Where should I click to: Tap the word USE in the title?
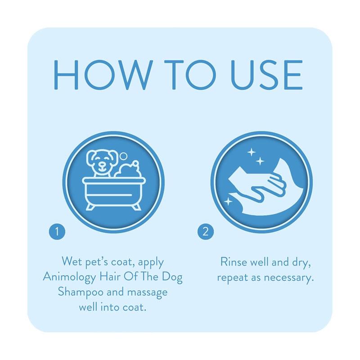[x=267, y=75]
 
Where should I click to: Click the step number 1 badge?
[x=57, y=232]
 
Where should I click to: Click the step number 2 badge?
[x=206, y=232]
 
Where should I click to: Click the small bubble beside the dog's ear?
[x=123, y=156]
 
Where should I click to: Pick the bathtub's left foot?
[x=90, y=207]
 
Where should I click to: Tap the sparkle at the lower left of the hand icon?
[x=228, y=202]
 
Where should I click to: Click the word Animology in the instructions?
[x=70, y=277]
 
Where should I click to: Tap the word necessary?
[x=289, y=278]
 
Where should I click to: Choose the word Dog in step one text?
[x=172, y=277]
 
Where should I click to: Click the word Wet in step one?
[x=72, y=261]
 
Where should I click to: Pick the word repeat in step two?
[x=233, y=278]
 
